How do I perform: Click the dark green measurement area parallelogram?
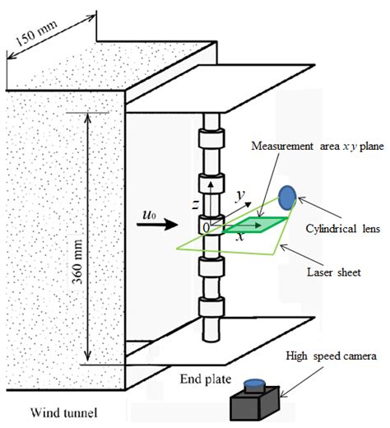pos(256,225)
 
